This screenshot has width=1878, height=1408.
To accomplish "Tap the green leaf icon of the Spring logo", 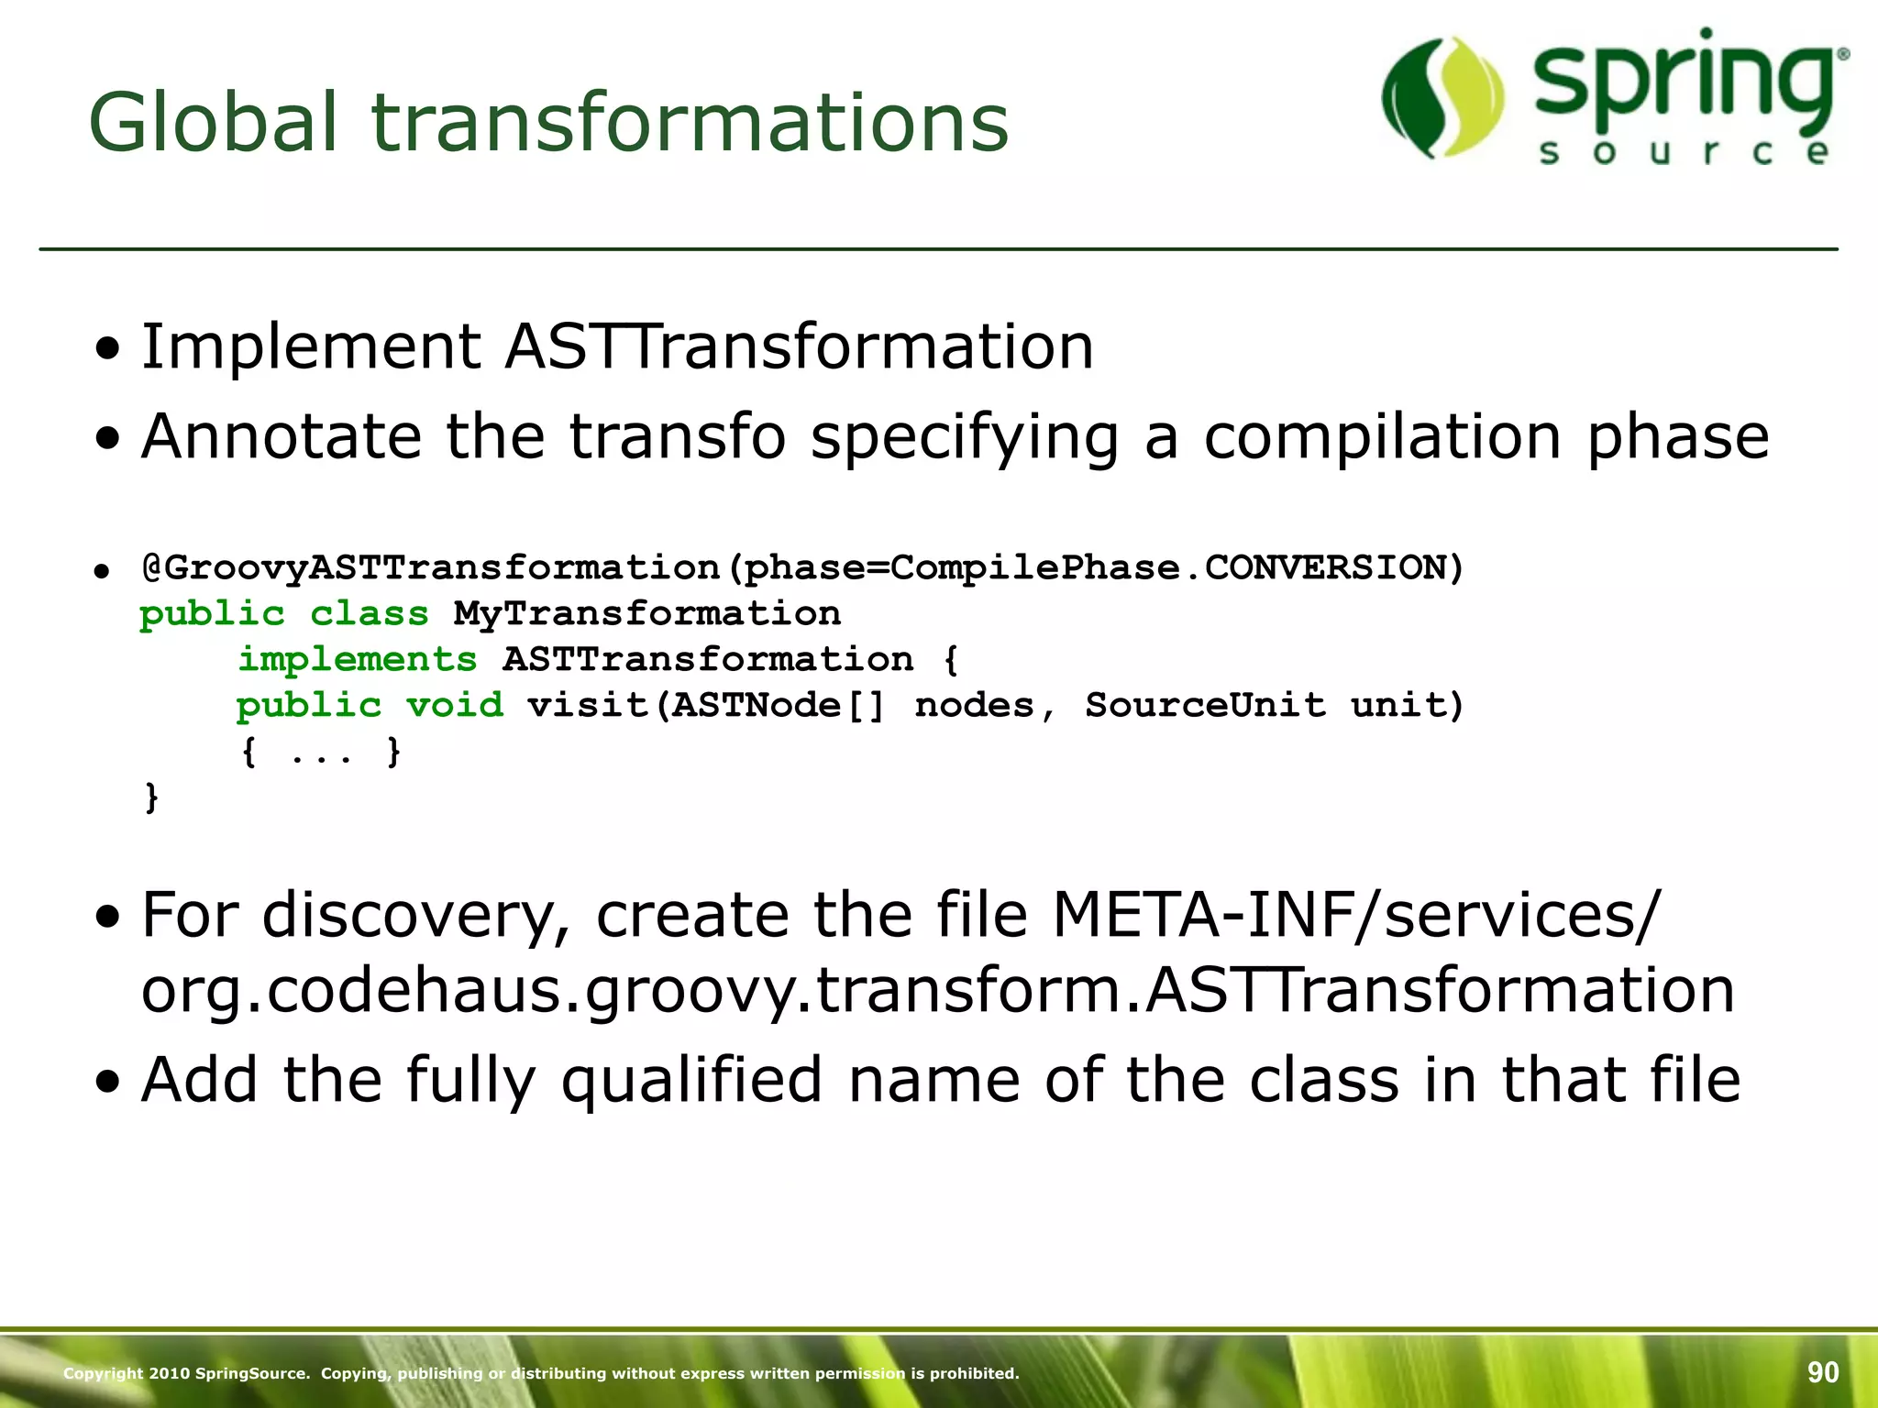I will click(1442, 97).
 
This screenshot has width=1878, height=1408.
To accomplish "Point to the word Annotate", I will click(281, 436).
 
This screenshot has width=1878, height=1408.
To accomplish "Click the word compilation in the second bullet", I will click(1382, 436).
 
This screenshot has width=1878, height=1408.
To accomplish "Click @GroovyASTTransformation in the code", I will click(431, 568).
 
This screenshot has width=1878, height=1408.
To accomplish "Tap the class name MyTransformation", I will click(647, 613).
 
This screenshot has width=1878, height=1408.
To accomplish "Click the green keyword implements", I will click(358, 659).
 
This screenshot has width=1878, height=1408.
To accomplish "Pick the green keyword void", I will click(455, 705).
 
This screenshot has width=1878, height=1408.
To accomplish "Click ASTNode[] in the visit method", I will click(778, 705).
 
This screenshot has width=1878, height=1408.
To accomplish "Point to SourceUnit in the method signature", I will click(1205, 705).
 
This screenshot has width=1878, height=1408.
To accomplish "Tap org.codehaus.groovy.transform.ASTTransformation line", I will click(937, 991).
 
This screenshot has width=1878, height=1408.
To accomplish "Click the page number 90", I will click(1822, 1371).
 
